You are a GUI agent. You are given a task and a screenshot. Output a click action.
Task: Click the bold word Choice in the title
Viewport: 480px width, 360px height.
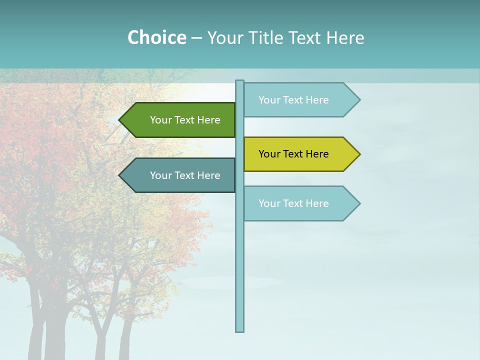pyautogui.click(x=156, y=38)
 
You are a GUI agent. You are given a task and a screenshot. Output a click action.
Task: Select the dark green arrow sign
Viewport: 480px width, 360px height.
pyautogui.click(x=180, y=120)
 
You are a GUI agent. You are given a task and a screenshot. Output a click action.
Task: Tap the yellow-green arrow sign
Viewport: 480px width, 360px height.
pyautogui.click(x=300, y=154)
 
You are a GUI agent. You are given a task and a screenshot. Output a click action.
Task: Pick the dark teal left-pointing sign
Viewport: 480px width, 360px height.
pyautogui.click(x=180, y=175)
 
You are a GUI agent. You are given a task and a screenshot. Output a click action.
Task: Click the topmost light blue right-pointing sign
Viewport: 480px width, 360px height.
pyautogui.click(x=300, y=100)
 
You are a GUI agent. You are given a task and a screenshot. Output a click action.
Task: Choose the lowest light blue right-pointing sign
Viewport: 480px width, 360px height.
pyautogui.click(x=300, y=203)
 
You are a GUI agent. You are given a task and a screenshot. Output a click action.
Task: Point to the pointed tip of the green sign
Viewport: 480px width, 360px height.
pyautogui.click(x=120, y=120)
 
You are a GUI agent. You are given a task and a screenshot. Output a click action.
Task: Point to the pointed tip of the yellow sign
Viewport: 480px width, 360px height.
pyautogui.click(x=359, y=154)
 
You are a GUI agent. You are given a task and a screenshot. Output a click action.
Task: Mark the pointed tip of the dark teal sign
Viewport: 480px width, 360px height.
pyautogui.click(x=120, y=175)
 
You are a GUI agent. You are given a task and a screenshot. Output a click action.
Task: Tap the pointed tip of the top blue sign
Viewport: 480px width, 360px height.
pyautogui.click(x=359, y=100)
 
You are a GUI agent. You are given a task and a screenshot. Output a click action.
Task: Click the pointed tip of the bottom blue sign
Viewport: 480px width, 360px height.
pyautogui.click(x=359, y=203)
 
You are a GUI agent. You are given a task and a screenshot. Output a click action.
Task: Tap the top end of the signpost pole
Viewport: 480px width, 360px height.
pyautogui.click(x=240, y=81)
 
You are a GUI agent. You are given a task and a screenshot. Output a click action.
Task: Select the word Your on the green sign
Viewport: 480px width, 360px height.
pyautogui.click(x=161, y=120)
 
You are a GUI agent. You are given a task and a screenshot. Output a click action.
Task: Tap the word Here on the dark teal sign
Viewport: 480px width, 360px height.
pyautogui.click(x=208, y=175)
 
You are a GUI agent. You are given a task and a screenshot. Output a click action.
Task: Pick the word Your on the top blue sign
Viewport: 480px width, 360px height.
pyautogui.click(x=269, y=100)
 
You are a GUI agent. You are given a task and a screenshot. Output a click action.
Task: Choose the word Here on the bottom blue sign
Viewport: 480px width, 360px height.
pyautogui.click(x=317, y=203)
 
